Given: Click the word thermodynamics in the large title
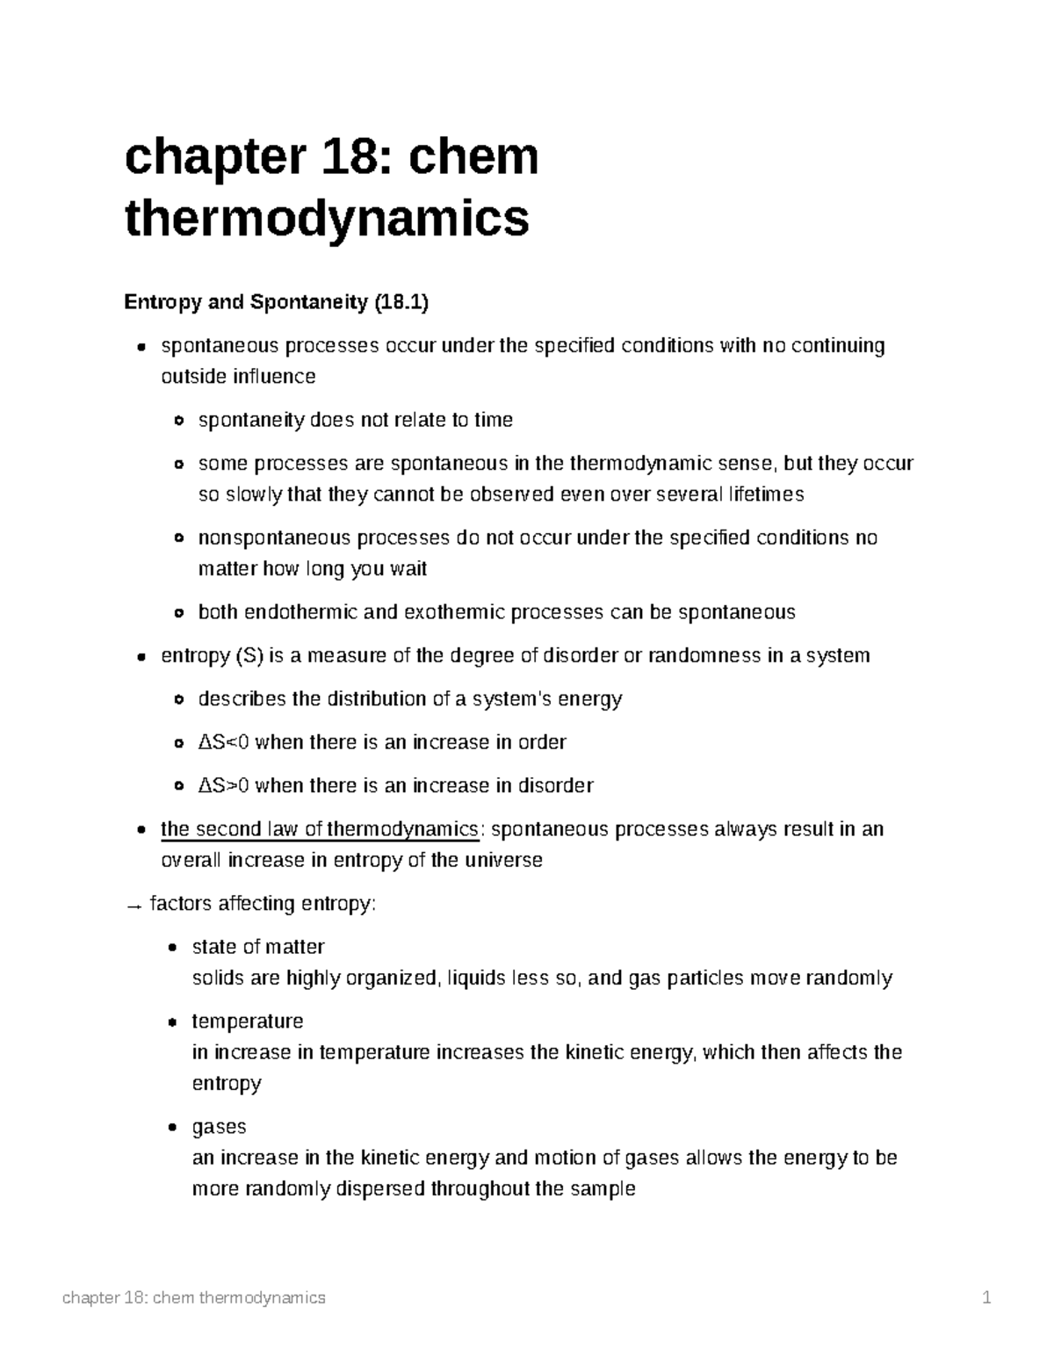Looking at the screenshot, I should [327, 219].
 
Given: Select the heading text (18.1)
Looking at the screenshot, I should [401, 303].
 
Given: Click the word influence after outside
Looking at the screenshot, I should [274, 377].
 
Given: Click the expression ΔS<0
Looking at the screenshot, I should [224, 743].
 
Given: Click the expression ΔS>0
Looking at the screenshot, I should [224, 786].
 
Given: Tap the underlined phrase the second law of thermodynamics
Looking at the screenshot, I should [320, 830].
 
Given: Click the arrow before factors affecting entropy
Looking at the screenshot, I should [134, 905].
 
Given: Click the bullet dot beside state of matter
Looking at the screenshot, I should [172, 948].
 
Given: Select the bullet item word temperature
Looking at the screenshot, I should [248, 1021].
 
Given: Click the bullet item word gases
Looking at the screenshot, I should [219, 1127].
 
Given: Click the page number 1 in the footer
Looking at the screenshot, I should [987, 1298].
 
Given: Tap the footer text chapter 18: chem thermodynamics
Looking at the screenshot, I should [193, 1298].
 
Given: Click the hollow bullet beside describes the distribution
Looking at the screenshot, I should [179, 700].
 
